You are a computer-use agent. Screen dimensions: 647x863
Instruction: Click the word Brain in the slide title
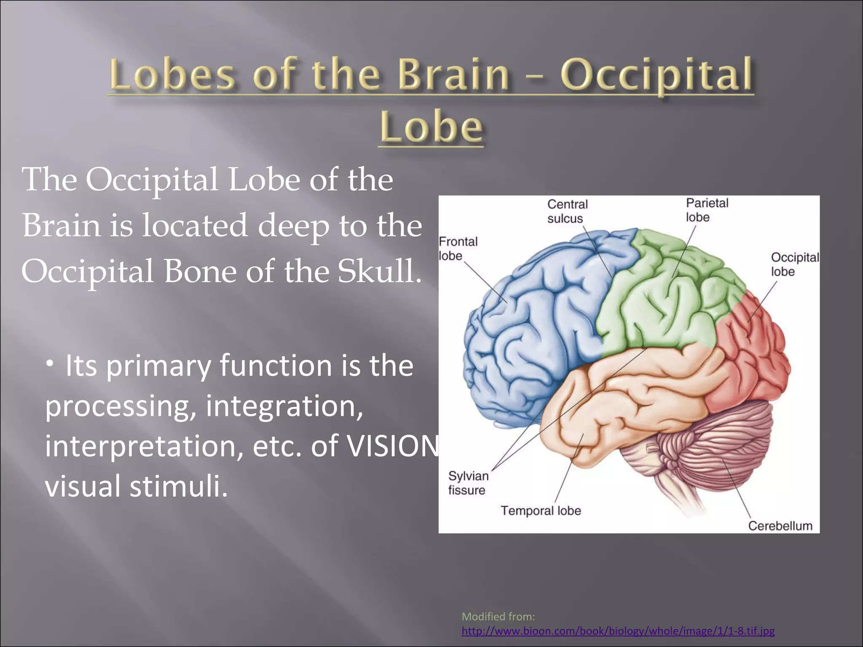pyautogui.click(x=453, y=75)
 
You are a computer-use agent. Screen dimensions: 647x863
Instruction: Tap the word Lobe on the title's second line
pyautogui.click(x=431, y=126)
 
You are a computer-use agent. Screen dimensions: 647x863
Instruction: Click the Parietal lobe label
pyautogui.click(x=707, y=210)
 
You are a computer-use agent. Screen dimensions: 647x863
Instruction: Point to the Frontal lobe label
pyautogui.click(x=458, y=249)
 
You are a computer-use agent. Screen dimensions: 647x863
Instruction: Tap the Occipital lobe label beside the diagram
pyautogui.click(x=794, y=264)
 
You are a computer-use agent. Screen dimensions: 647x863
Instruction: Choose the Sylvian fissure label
pyautogui.click(x=468, y=483)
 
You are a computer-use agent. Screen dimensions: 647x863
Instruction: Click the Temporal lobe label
pyautogui.click(x=541, y=511)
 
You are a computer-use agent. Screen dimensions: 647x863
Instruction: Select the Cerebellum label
pyautogui.click(x=780, y=526)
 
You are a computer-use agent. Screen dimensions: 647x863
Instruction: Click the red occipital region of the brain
pyautogui.click(x=754, y=358)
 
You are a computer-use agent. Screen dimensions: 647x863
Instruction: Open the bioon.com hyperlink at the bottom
pyautogui.click(x=618, y=631)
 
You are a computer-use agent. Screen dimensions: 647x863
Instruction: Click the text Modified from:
pyautogui.click(x=498, y=617)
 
